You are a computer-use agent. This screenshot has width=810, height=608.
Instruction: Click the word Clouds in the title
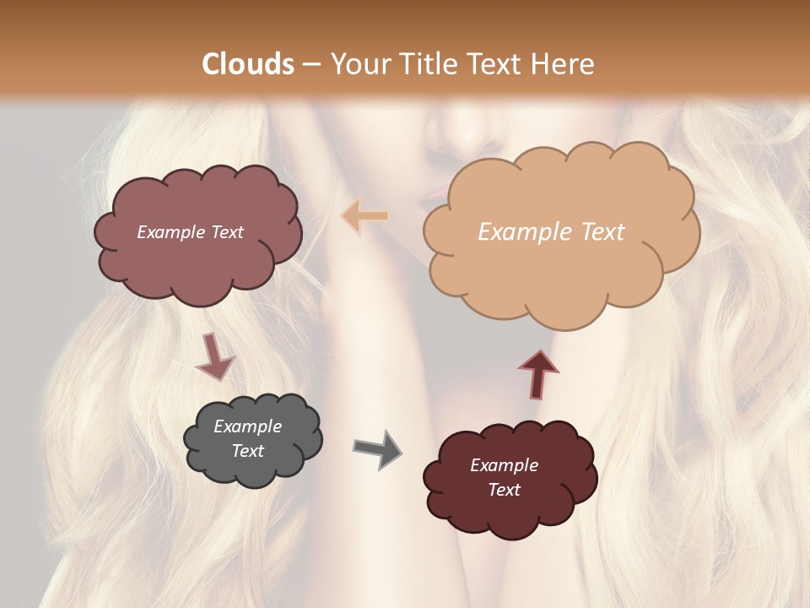249,64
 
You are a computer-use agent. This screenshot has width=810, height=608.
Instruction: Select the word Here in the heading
562,64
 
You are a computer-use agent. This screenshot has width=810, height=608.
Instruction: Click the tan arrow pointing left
364,217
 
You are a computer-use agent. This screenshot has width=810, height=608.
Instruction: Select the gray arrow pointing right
377,448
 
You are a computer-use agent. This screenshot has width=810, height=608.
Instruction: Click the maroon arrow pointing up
538,373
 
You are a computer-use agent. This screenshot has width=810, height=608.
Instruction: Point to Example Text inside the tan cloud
551,232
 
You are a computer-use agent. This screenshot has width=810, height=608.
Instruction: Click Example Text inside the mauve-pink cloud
190,232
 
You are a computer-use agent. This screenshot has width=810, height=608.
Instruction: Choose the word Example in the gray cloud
247,426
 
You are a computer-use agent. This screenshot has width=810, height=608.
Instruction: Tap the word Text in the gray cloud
247,451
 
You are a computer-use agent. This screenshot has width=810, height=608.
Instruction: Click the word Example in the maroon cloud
504,465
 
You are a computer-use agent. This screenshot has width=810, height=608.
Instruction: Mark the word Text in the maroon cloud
504,490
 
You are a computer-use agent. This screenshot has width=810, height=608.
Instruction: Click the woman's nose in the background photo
477,127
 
